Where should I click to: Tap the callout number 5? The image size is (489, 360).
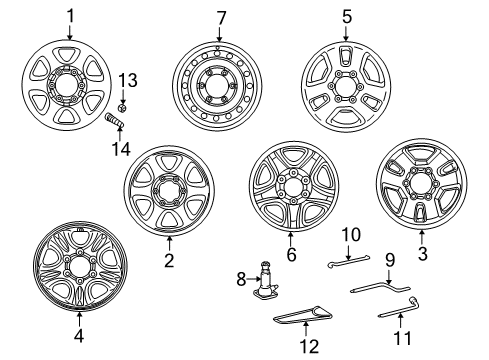tap(347, 17)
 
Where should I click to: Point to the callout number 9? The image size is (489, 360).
tap(390, 258)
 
